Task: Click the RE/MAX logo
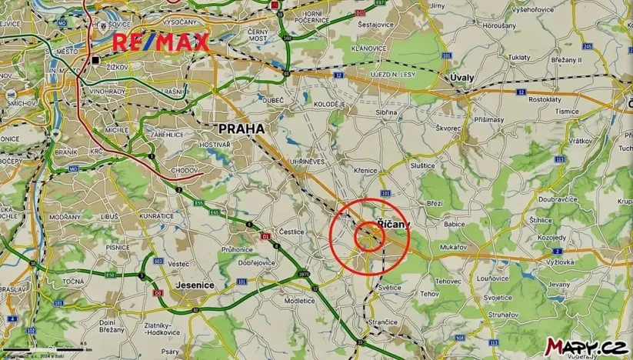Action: [x=161, y=43]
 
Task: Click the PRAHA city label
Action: [x=242, y=128]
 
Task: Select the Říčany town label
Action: [x=394, y=223]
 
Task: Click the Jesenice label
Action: [x=195, y=285]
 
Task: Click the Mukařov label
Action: [x=455, y=247]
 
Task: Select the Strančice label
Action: [x=382, y=322]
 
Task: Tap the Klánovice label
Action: [x=368, y=48]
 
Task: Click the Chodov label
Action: [x=185, y=170]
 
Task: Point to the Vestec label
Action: [x=178, y=264]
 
